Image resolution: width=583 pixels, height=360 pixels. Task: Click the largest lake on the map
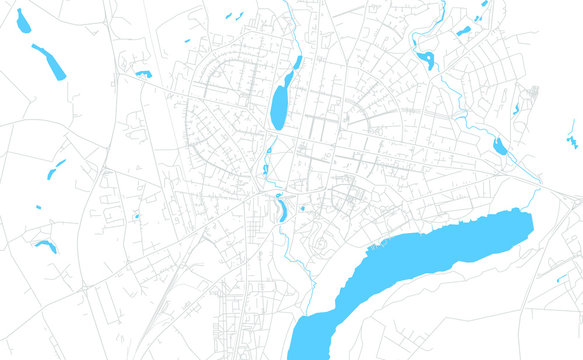click(x=420, y=265)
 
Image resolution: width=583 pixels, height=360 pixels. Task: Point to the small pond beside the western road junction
click(x=144, y=74)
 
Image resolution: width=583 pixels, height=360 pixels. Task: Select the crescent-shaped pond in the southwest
click(x=45, y=245)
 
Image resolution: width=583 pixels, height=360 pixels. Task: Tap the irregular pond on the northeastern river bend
click(x=427, y=60)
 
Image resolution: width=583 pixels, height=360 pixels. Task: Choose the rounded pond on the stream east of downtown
click(x=499, y=147)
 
